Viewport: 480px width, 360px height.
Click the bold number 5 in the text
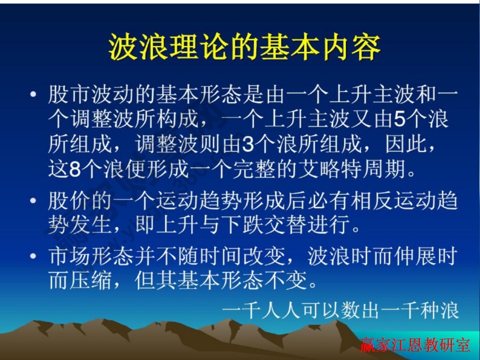399,120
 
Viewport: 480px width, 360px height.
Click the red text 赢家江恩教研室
415,345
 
